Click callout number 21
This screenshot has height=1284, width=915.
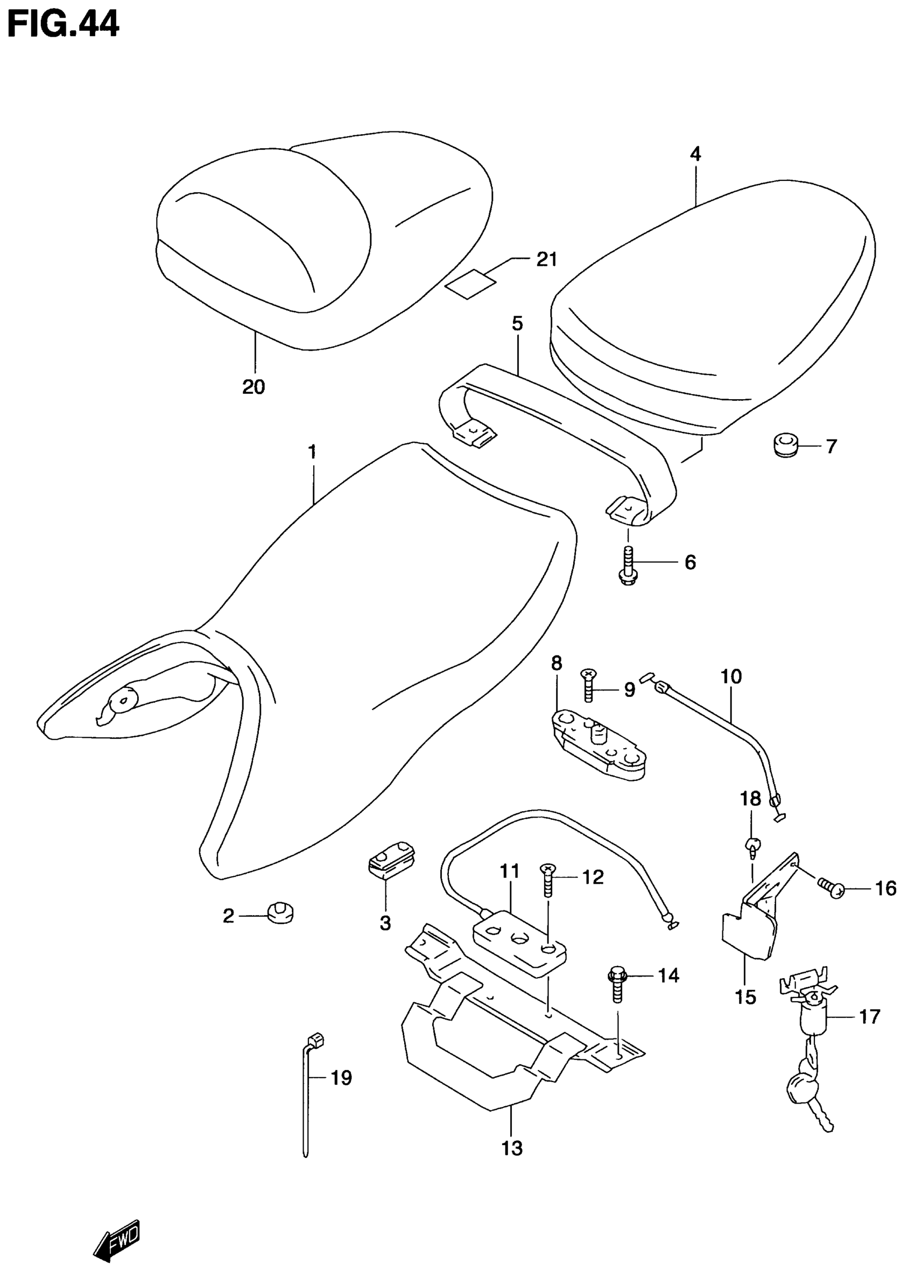546,260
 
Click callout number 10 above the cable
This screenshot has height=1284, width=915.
731,676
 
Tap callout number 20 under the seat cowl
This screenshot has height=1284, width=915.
254,387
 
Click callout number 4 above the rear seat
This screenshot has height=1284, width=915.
695,154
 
